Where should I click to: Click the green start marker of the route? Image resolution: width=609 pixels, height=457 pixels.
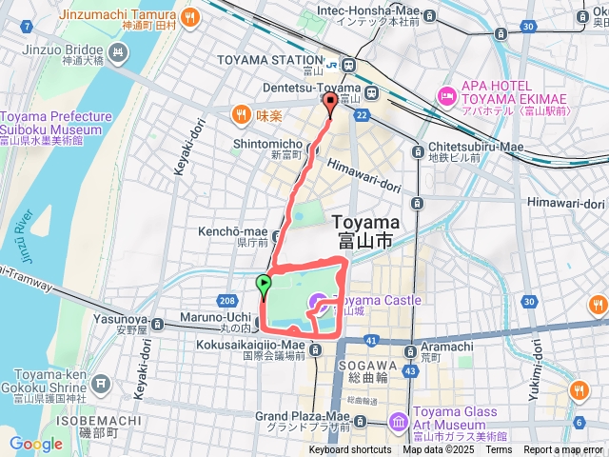point(263,283)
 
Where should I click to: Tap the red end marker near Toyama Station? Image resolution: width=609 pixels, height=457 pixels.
point(330,103)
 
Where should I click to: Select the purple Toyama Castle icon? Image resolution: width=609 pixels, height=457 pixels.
point(315,303)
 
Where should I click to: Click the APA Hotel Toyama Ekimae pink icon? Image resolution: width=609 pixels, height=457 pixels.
point(446,95)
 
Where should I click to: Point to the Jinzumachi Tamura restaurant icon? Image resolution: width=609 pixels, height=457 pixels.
point(190,16)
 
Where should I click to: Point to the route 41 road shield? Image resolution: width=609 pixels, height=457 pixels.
point(371,339)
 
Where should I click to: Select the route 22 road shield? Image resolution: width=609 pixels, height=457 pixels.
point(362,114)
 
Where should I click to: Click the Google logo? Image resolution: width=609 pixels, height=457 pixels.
point(35,444)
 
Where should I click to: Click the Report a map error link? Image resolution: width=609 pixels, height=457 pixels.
point(563,450)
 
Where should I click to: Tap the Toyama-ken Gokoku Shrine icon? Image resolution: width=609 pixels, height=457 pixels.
point(102,387)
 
